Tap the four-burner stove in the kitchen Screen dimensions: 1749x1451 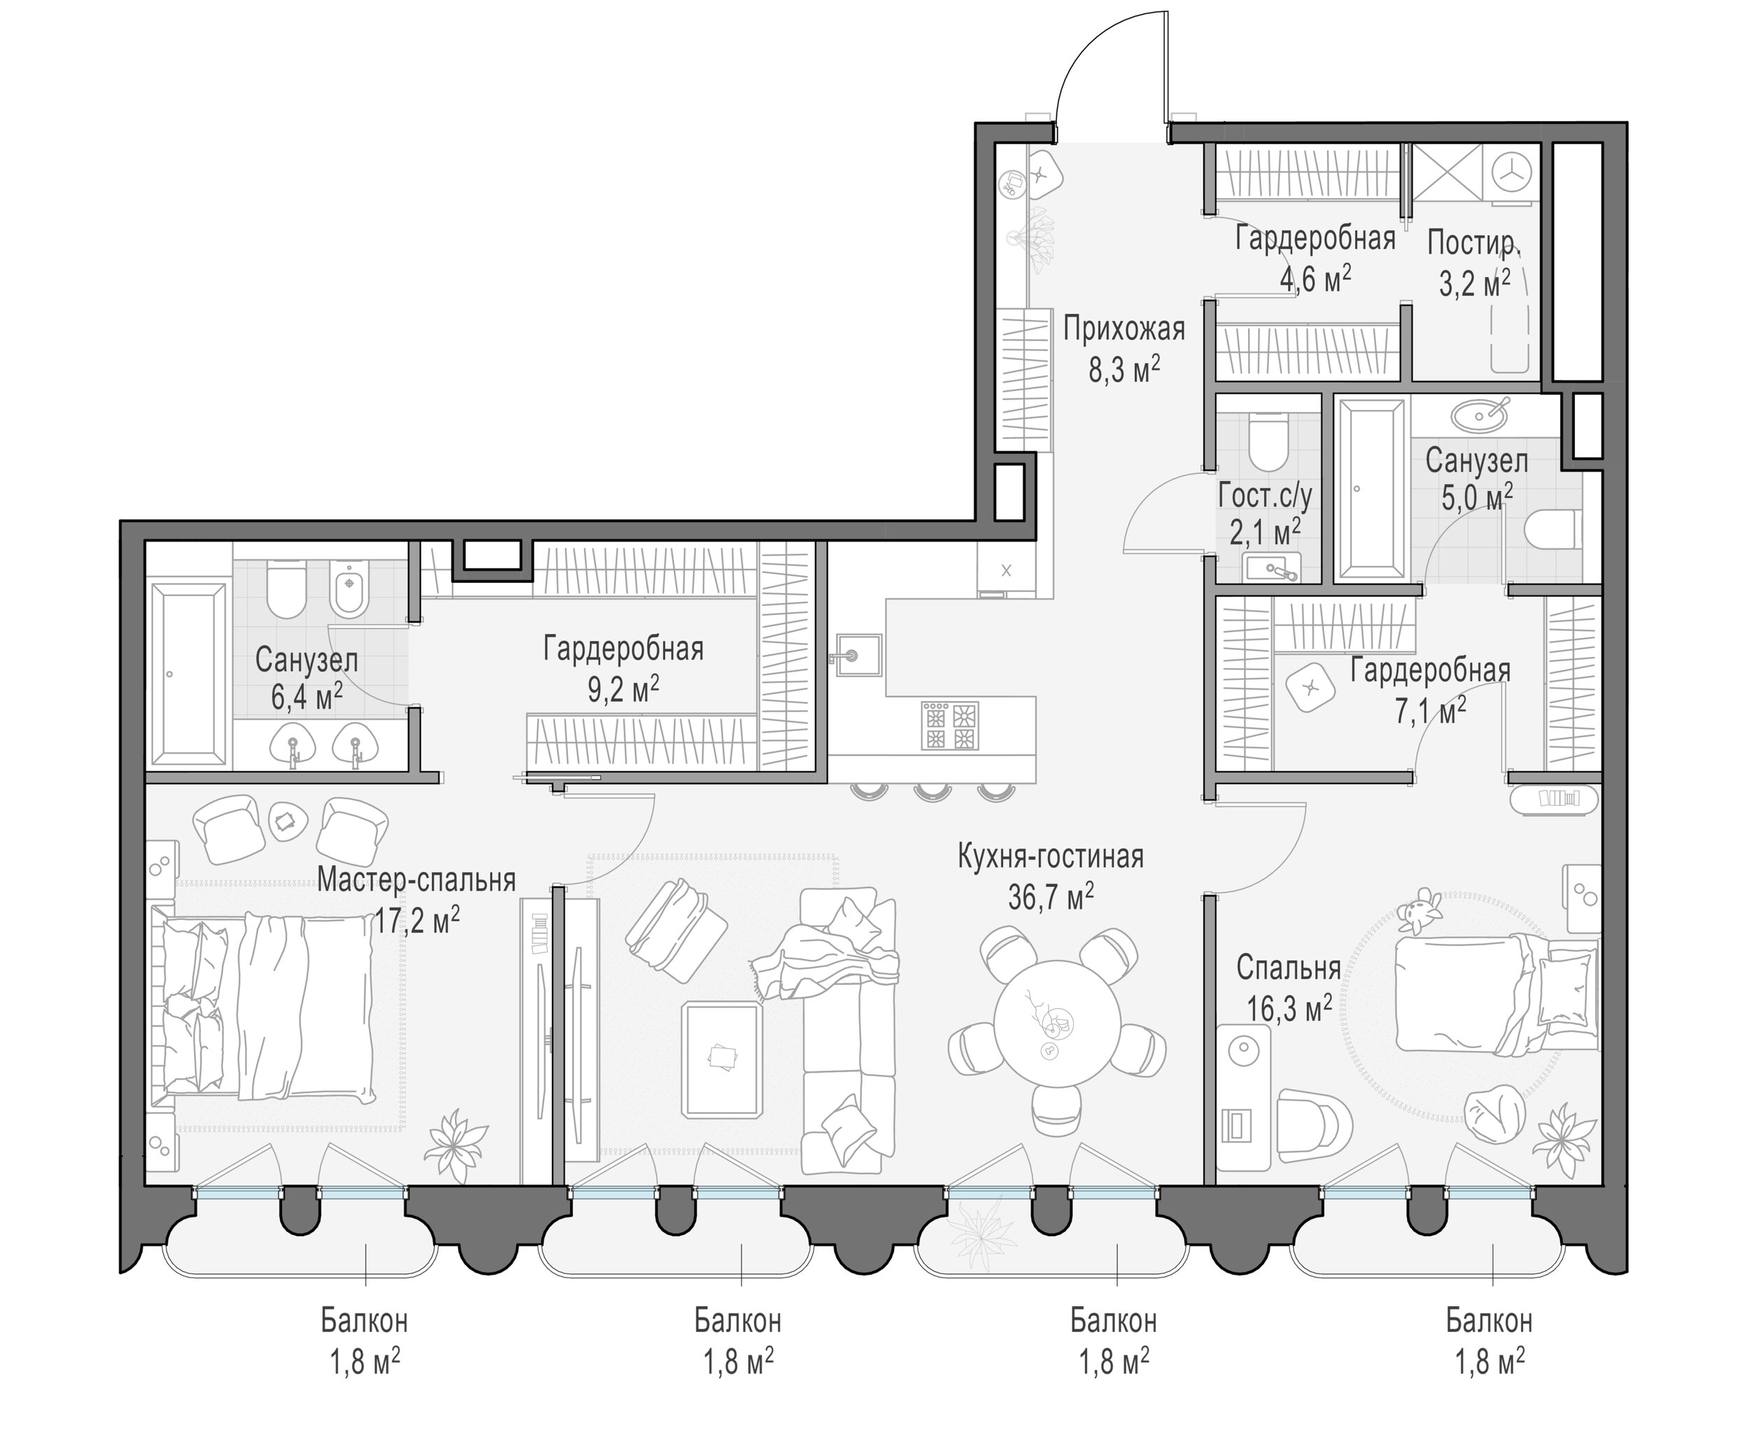pyautogui.click(x=949, y=725)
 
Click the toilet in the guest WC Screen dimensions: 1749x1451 pyautogui.click(x=1268, y=442)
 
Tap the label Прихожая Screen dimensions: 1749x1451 pyautogui.click(x=1124, y=329)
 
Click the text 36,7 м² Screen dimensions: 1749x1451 pyautogui.click(x=1051, y=896)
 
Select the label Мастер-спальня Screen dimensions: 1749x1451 pyautogui.click(x=416, y=879)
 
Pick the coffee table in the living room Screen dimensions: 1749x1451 pyautogui.click(x=722, y=1059)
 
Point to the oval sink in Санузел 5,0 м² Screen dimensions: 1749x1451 pyautogui.click(x=1478, y=413)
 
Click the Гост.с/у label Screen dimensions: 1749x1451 pyautogui.click(x=1265, y=497)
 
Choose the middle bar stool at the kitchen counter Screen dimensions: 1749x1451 pyautogui.click(x=931, y=791)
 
